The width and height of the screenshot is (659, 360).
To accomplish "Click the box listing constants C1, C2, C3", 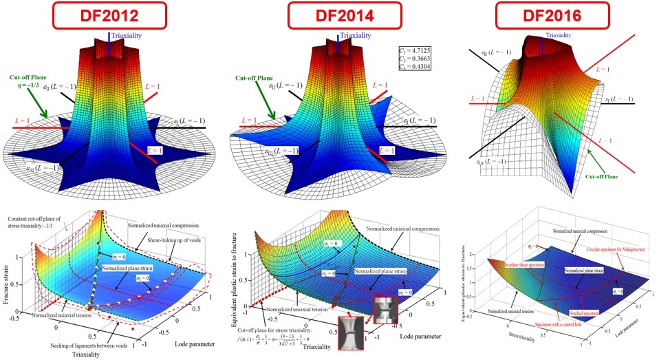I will pyautogui.click(x=415, y=60).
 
